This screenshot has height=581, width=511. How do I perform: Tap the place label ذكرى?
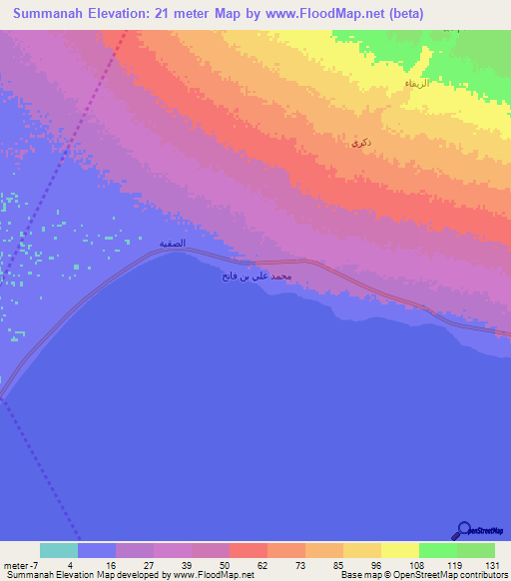coord(360,144)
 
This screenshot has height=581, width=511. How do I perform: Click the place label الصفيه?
coord(173,243)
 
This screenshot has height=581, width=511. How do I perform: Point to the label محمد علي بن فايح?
coord(255,275)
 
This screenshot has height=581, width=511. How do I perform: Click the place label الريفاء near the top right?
coord(416,84)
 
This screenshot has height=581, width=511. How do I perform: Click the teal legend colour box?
coord(59,550)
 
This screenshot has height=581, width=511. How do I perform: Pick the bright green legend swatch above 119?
coord(437,550)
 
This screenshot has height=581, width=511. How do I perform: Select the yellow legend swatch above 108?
coord(399,550)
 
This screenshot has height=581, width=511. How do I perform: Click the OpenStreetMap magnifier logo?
coord(463,530)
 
